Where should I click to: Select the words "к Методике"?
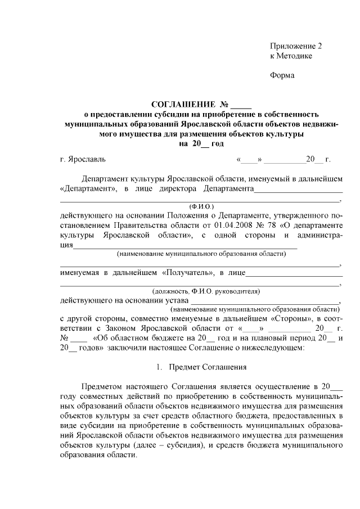291,56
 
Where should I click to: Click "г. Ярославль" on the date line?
82,160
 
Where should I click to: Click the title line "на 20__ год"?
201,144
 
